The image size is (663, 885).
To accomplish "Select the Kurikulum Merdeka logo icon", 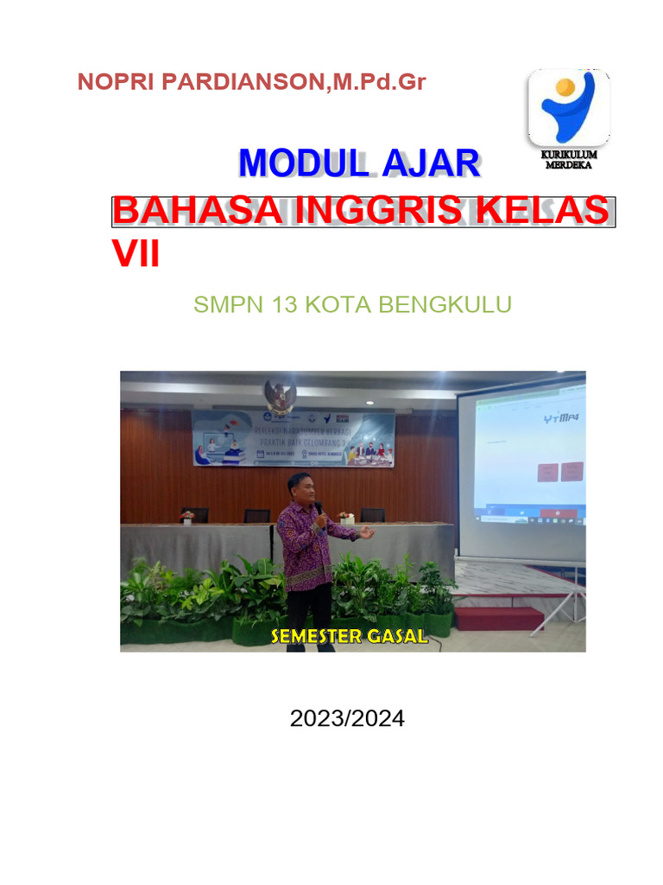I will [569, 108].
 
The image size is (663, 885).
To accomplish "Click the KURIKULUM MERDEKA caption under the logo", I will [569, 160].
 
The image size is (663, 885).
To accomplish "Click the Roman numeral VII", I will [136, 254].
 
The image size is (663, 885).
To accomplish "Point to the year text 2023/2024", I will [347, 718].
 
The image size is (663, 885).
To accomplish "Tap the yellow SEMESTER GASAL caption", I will [349, 637].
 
